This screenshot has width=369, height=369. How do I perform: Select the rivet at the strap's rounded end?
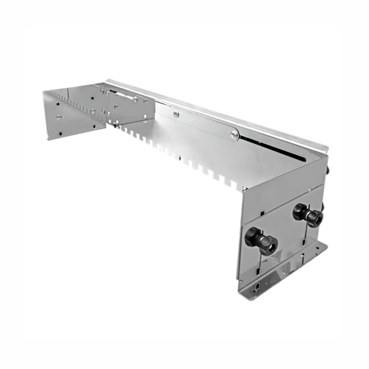[x=235, y=135]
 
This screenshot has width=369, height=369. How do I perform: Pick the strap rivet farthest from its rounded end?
[x=176, y=113]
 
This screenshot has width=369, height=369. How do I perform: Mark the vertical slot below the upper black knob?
[x=304, y=240]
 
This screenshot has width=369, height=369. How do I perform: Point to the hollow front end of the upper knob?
[x=316, y=219]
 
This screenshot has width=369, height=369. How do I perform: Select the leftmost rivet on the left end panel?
[x=59, y=117]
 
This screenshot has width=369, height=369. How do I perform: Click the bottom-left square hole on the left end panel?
[x=60, y=134]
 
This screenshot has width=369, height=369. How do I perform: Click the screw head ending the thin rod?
[x=135, y=99]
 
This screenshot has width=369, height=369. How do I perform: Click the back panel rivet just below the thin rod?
[x=145, y=101]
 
